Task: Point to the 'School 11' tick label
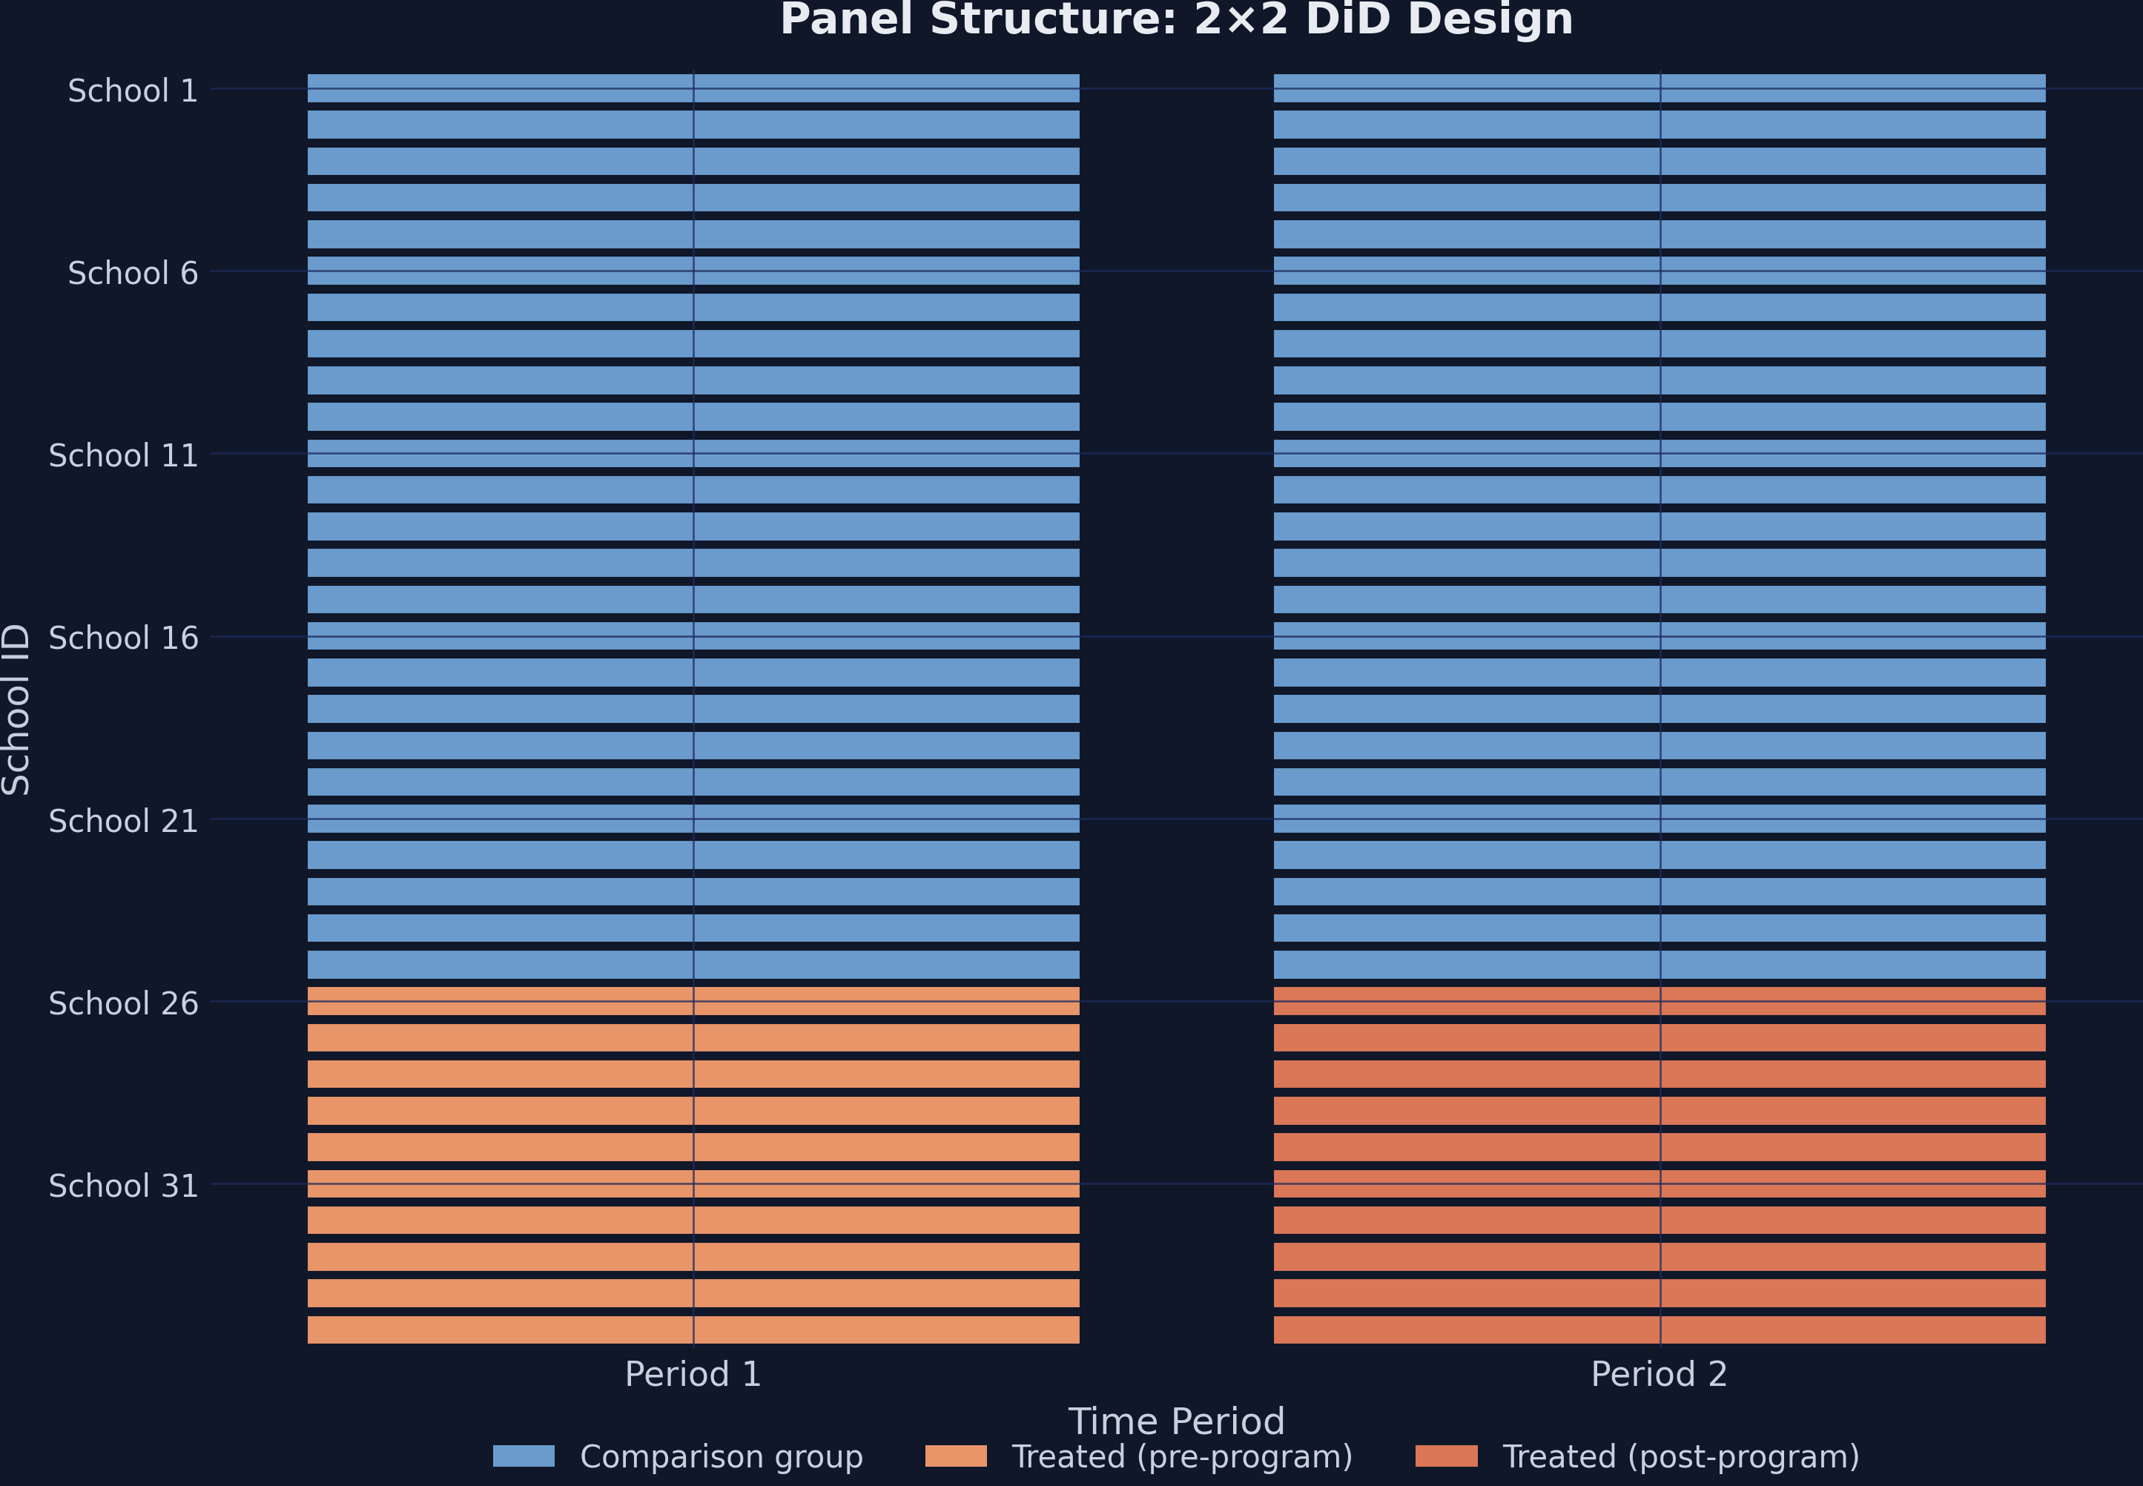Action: tap(123, 455)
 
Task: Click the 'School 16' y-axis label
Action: tap(123, 638)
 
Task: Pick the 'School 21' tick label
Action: tap(123, 820)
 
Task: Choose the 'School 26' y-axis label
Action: tap(123, 1003)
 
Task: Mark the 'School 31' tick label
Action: tap(123, 1185)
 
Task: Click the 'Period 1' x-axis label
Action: tap(693, 1374)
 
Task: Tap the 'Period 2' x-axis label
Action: tap(1659, 1374)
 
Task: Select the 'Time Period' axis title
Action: tap(1176, 1421)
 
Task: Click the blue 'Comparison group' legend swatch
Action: tap(524, 1456)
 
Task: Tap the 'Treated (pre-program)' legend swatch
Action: tap(955, 1456)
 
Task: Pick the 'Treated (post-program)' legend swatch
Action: tap(1446, 1456)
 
